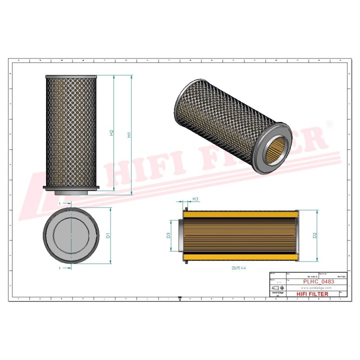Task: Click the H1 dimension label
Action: (129, 134)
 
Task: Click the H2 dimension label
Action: (111, 133)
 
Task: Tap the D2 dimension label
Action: (314, 235)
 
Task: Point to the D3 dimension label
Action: (168, 235)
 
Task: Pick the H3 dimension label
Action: (195, 199)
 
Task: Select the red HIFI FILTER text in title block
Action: (312, 294)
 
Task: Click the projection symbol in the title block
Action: (276, 287)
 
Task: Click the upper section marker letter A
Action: (60, 204)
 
